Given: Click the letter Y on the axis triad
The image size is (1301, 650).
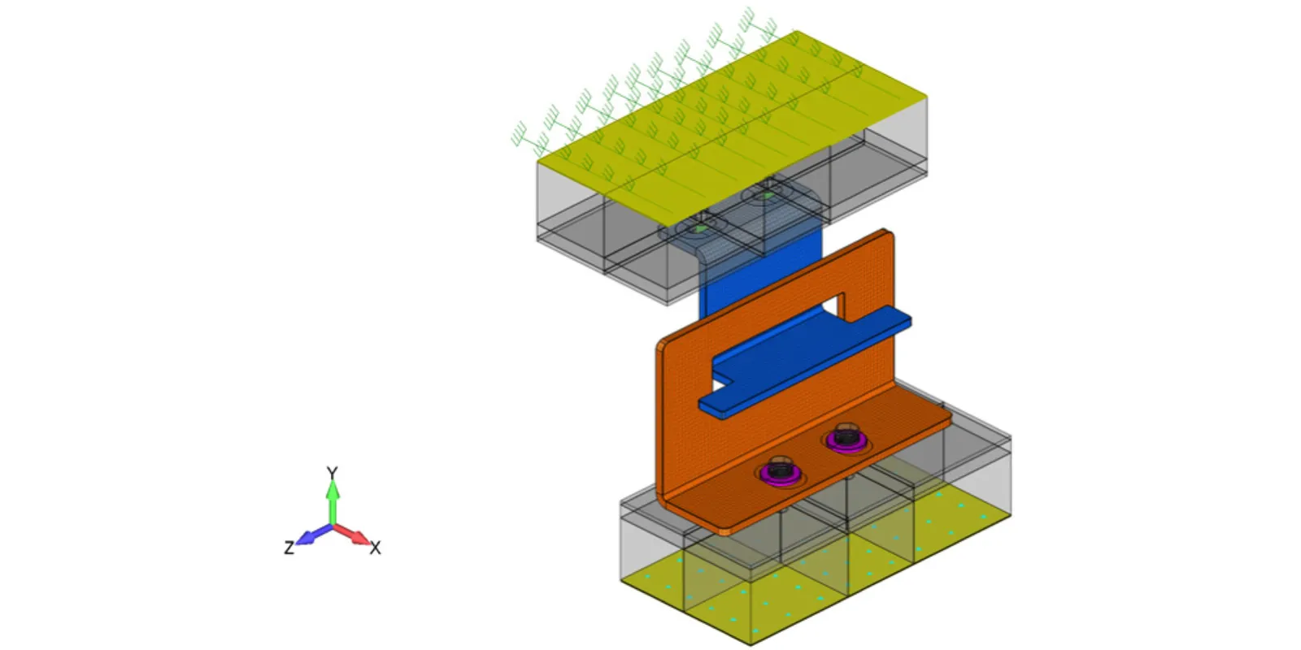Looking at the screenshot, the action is coord(332,474).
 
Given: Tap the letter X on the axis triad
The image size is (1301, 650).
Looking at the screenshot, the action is coord(375,548).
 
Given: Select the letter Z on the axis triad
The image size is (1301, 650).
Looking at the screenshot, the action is coord(289,548).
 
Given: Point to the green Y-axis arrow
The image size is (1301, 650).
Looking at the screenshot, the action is coord(333,503).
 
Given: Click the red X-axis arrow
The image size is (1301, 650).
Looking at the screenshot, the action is coord(351,535).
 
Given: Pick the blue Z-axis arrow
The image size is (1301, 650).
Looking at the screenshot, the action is coord(314,535).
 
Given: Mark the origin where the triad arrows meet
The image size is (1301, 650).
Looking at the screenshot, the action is coord(333,525).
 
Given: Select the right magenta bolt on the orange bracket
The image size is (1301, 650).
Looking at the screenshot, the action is coord(846,438).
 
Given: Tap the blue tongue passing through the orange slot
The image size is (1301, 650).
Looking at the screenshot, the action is coord(805,362).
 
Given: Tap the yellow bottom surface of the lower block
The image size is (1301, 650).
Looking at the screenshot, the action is coord(813,565).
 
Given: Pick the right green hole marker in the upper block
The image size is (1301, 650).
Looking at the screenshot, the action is coord(768,196).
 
